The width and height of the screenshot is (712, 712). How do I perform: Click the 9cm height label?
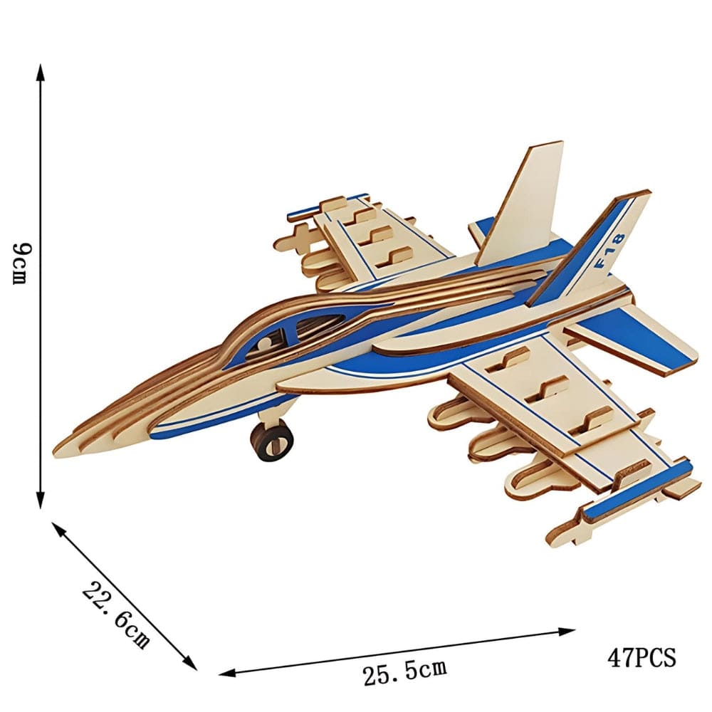tap(21, 263)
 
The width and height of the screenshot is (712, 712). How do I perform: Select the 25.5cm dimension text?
tap(404, 671)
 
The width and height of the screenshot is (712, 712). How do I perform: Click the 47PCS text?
tap(641, 656)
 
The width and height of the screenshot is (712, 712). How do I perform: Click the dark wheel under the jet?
tap(271, 440)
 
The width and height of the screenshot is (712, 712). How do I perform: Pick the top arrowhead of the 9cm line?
tap(41, 71)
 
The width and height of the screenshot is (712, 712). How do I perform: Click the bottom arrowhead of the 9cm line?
tap(41, 502)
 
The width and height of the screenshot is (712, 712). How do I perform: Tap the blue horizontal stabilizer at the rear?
tap(627, 342)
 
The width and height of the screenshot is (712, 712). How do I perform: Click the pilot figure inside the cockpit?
tap(265, 345)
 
